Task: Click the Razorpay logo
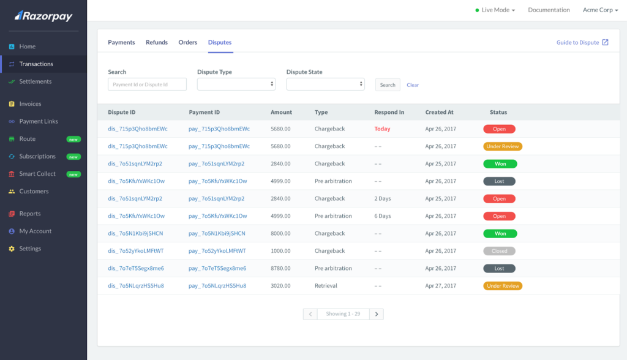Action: tap(43, 15)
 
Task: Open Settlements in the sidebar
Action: tap(36, 81)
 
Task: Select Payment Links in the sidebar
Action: tap(39, 121)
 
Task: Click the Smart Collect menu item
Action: tap(37, 174)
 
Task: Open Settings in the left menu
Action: tap(30, 249)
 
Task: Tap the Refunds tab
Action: tap(157, 42)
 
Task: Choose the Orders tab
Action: tap(188, 42)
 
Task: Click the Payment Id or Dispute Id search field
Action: tap(147, 84)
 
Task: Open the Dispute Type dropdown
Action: tap(236, 84)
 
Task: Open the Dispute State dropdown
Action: tap(326, 84)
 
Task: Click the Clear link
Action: tap(413, 85)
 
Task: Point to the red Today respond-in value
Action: tap(382, 129)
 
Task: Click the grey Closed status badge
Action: tap(500, 251)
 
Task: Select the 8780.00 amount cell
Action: tap(280, 268)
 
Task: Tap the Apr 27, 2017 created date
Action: tap(441, 286)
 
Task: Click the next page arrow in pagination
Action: tap(376, 314)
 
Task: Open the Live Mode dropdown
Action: tap(495, 10)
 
